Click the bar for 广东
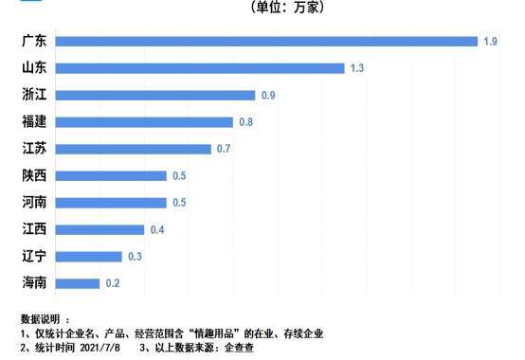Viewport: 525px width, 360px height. click(265, 41)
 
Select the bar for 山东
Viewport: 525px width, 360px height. click(199, 68)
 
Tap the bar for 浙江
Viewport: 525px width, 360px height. click(154, 95)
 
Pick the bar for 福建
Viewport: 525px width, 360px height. click(143, 122)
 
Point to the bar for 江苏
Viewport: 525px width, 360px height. click(133, 149)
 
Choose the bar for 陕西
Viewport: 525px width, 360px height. click(110, 175)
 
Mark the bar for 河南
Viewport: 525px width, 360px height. click(110, 203)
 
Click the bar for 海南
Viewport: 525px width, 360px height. click(77, 283)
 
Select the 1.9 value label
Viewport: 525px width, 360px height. click(490, 41)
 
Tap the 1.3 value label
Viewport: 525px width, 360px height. click(357, 68)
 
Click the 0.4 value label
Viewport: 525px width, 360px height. click(157, 229)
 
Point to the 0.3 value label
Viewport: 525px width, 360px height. click(136, 257)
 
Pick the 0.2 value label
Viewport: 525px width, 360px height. click(113, 283)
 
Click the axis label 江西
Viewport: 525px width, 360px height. click(33, 229)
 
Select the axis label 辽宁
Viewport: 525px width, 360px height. click(33, 257)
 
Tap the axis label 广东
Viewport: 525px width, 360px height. click(33, 41)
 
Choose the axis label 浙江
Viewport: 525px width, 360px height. click(33, 95)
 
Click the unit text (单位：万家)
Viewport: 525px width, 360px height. click(288, 8)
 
